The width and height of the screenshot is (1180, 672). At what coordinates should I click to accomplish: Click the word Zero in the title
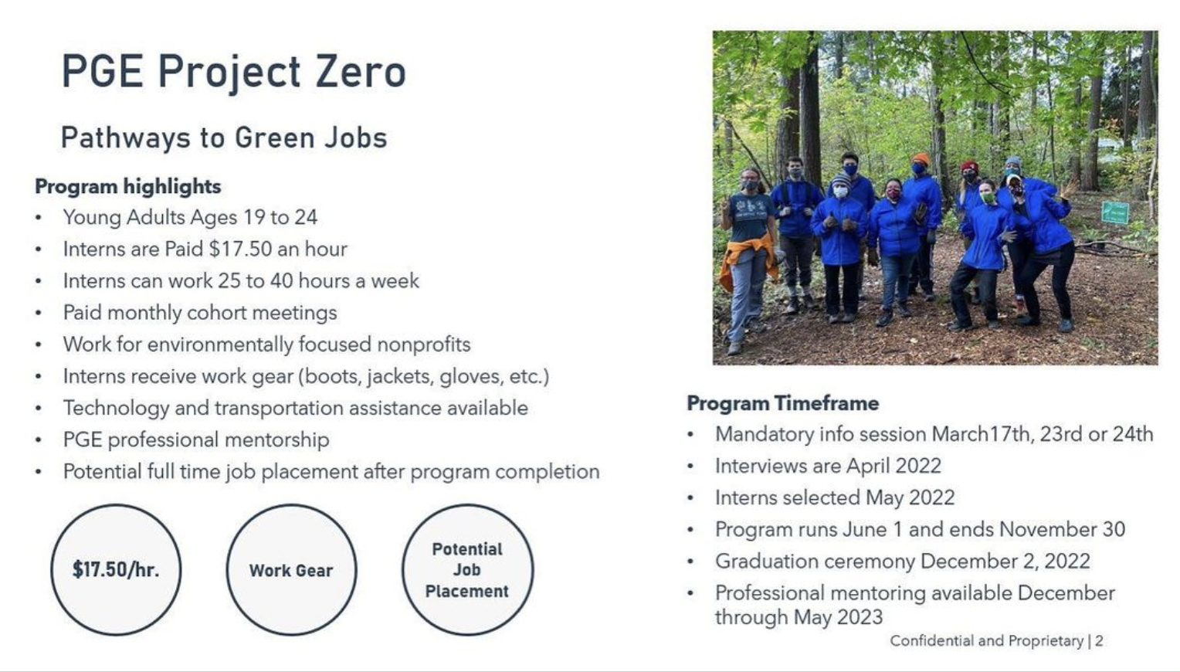point(361,71)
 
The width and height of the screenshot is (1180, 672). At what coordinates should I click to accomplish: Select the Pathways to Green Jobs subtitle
point(225,138)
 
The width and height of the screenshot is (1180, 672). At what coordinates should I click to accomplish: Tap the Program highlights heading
point(128,187)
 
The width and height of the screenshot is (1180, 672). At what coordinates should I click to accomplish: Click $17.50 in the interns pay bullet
point(240,249)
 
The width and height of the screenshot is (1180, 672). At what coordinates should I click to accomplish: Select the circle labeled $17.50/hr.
point(116,570)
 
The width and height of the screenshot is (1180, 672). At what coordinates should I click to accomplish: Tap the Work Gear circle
point(291,570)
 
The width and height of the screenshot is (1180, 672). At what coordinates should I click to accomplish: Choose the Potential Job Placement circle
point(467,570)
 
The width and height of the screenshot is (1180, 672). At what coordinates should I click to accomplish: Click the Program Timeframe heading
point(783,404)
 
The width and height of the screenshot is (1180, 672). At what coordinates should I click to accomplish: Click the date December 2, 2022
point(1005,562)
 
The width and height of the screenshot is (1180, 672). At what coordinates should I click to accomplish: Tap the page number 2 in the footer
point(1099,641)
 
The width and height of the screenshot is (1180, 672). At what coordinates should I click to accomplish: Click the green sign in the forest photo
point(1114,212)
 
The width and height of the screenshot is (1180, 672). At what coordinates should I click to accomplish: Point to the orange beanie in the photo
point(921,158)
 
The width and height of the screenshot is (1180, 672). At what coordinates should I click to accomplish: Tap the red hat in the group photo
point(969,167)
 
